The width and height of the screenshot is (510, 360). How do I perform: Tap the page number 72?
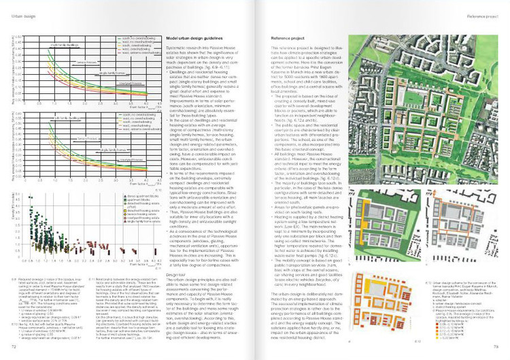click(13, 347)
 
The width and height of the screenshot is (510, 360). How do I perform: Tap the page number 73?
click(496, 347)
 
